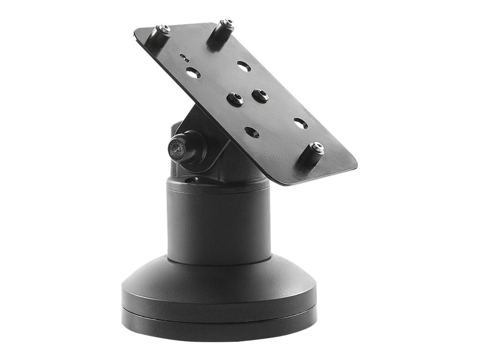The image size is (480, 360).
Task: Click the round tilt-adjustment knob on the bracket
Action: point(180,148)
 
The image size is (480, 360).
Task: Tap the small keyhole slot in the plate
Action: point(185,58)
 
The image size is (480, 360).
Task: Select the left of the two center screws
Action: point(235,99)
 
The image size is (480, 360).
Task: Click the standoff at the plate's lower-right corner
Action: point(315,153)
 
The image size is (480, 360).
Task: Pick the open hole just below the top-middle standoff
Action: point(243,66)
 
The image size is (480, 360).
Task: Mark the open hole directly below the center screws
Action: point(252,132)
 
